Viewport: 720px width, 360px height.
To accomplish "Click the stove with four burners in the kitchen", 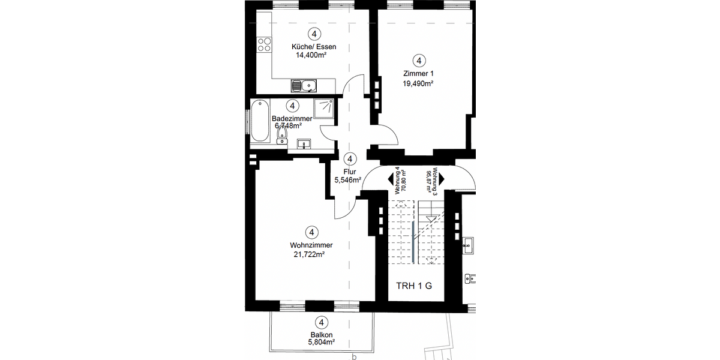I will click(x=263, y=43).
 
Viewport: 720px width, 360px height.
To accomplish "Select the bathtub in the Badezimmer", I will click(x=260, y=123).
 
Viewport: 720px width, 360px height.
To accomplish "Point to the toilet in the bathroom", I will click(x=281, y=138).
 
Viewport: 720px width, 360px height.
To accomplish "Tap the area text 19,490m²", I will click(x=418, y=84).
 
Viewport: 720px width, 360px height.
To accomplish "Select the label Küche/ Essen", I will click(x=314, y=47).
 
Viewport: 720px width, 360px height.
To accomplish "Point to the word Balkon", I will click(x=322, y=335).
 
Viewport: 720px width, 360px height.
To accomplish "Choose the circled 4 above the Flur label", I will click(x=350, y=159).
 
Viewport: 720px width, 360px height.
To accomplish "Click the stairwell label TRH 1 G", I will click(x=415, y=286).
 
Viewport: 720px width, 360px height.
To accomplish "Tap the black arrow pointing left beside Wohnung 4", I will click(x=392, y=179).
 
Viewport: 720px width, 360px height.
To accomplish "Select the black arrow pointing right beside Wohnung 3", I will click(x=441, y=179).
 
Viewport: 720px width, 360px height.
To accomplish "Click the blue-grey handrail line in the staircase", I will click(x=414, y=234).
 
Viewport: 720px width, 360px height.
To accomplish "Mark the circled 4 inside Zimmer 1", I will click(x=419, y=60).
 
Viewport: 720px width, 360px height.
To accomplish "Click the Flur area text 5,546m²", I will click(x=347, y=179).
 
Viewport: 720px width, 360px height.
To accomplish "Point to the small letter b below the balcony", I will click(x=354, y=356).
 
